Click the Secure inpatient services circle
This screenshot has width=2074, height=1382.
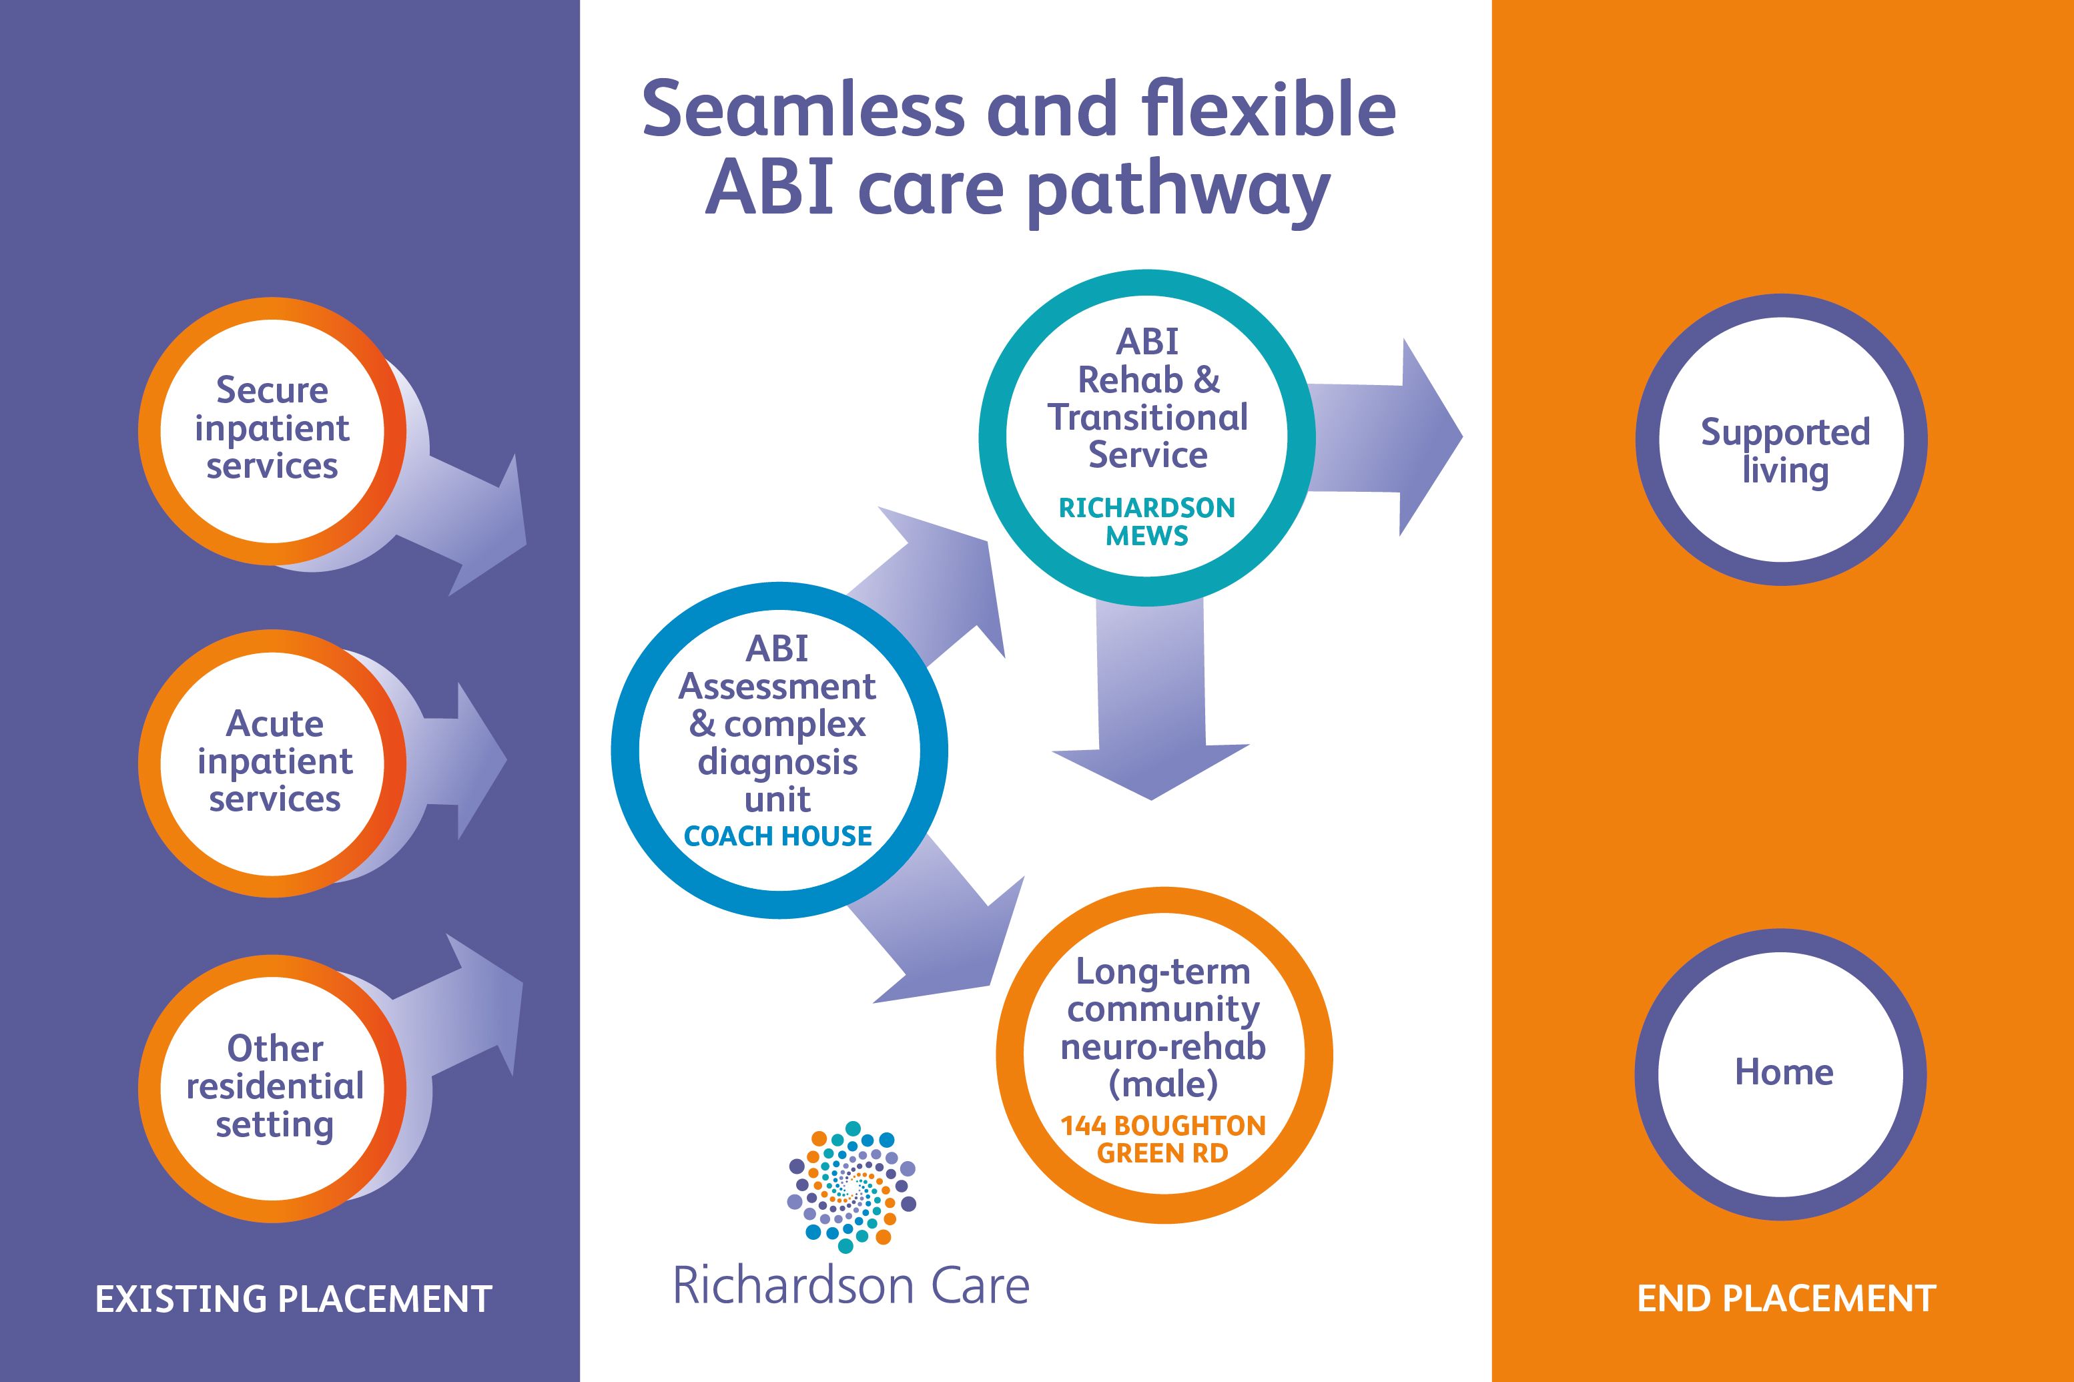pos(272,430)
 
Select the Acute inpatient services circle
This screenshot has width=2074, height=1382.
pos(273,762)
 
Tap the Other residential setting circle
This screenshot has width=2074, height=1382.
pos(273,1088)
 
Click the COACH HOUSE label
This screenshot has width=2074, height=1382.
pos(777,835)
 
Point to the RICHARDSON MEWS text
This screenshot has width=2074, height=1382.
pos(1146,521)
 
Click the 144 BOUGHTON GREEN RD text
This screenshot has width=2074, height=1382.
pos(1162,1138)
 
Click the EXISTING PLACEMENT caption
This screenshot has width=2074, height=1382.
pos(293,1299)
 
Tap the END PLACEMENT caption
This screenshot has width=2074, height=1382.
pos(1786,1299)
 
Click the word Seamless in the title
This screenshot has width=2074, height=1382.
pos(803,110)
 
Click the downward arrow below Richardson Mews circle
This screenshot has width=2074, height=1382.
pos(1151,705)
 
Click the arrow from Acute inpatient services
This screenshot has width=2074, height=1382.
pos(462,761)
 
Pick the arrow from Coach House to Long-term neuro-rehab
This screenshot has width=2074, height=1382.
pos(943,934)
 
